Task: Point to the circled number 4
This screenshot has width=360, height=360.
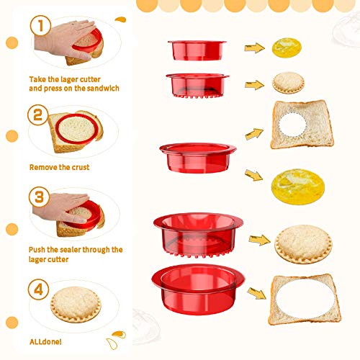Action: [x=39, y=289]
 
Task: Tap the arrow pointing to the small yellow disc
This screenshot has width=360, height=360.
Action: [x=254, y=48]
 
